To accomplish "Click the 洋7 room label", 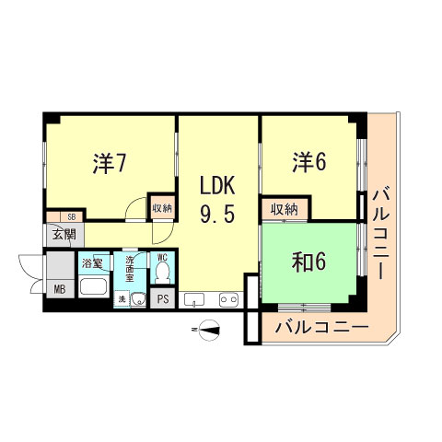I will click(x=109, y=164).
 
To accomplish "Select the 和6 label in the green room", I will click(x=309, y=262).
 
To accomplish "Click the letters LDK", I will click(x=218, y=184).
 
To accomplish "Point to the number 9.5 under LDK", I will click(x=218, y=214).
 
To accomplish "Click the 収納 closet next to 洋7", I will click(x=162, y=209).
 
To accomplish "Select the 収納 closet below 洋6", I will click(x=285, y=210).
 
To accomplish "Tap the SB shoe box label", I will click(x=70, y=217).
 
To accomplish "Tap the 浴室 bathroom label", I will click(x=91, y=262).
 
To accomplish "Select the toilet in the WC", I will click(x=162, y=273).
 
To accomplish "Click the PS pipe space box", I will click(x=163, y=298).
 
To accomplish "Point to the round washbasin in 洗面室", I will click(x=136, y=297).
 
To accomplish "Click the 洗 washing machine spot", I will click(x=120, y=298).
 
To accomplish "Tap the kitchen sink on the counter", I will click(x=194, y=298).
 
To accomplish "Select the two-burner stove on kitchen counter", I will click(x=227, y=298).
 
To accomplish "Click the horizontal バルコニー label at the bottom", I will click(x=321, y=327).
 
